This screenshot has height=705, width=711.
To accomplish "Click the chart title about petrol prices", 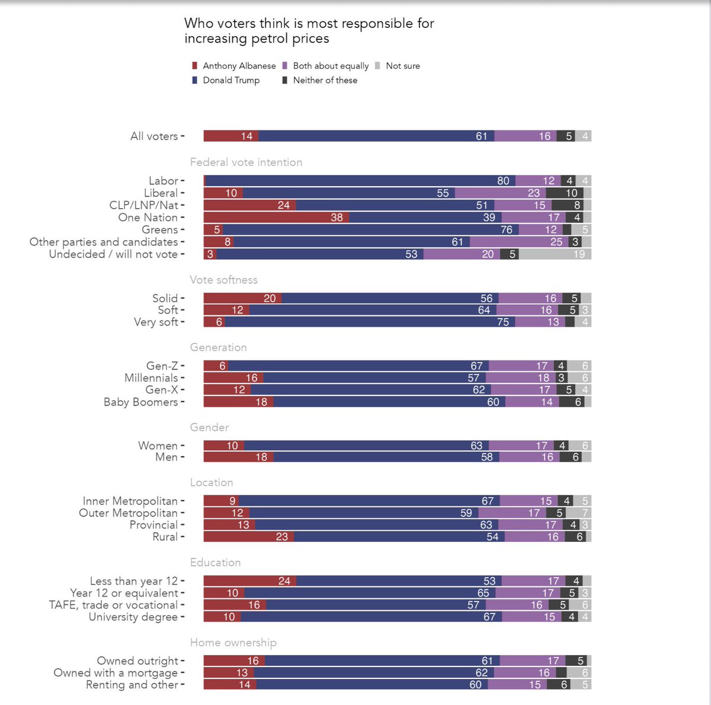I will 309,31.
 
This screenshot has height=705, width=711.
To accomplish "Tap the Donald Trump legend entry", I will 230,80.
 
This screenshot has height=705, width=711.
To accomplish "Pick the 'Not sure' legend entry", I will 402,66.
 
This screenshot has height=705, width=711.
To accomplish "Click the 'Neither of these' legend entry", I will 325,80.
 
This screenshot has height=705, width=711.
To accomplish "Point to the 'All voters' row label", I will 154,136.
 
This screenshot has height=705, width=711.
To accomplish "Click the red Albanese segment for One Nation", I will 276,218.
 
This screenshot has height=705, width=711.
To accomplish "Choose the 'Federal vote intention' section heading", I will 246,162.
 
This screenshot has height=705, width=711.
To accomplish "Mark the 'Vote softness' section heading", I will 223,280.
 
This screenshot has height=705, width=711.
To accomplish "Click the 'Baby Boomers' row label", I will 140,402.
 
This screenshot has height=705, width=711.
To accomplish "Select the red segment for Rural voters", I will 249,537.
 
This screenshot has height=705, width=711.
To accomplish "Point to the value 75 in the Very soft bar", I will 503,322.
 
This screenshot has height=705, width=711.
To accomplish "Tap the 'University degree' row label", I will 133,617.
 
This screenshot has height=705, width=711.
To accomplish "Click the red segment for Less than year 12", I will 250,581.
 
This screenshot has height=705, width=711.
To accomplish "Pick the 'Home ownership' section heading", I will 233,643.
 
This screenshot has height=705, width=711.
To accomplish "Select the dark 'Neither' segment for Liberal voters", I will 564,193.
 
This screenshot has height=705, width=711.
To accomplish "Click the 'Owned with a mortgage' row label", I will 116,673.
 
